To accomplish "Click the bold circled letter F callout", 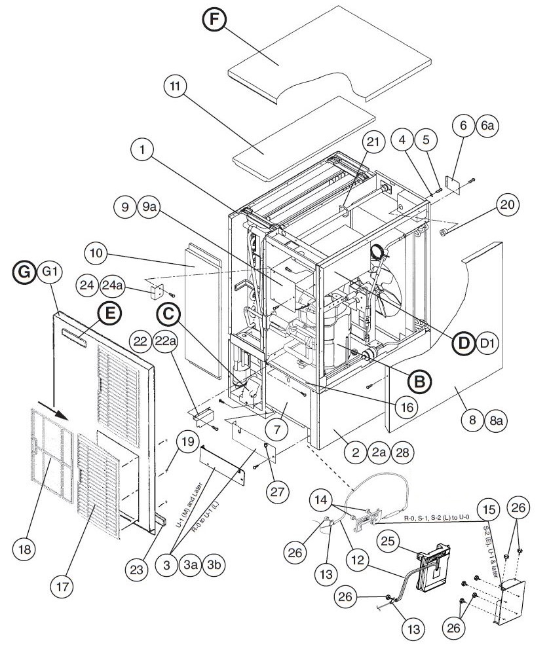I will (x=213, y=21).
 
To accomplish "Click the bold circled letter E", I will (x=109, y=315).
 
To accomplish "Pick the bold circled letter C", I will (x=169, y=315).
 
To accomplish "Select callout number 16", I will (x=407, y=407).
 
